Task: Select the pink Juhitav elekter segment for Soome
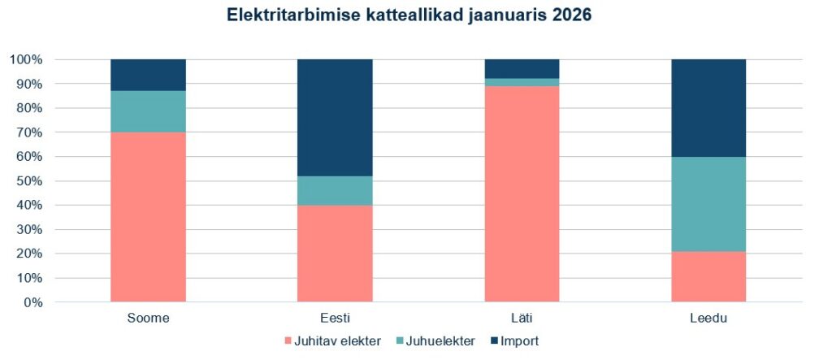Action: tap(148, 217)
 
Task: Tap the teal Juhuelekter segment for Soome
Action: tap(148, 111)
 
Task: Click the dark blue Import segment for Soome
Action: tap(148, 75)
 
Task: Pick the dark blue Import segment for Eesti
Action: tap(335, 117)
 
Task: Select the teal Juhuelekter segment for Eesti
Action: tap(335, 190)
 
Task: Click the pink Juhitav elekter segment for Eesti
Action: tap(335, 254)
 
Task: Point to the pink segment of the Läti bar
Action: tap(522, 194)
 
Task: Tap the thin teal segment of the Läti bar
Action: tap(522, 82)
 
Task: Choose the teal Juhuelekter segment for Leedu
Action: tap(708, 204)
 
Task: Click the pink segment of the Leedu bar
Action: tap(708, 277)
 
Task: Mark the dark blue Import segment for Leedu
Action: tap(708, 108)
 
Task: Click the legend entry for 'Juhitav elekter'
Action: tap(333, 341)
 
